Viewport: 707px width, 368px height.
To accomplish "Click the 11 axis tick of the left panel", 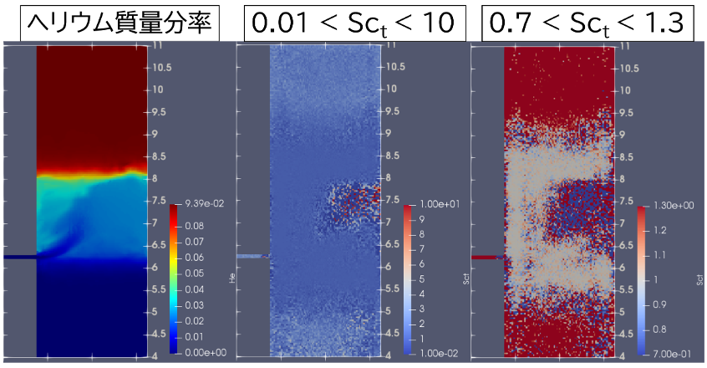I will click(x=156, y=47).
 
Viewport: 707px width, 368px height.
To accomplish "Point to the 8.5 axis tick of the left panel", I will click(x=158, y=156).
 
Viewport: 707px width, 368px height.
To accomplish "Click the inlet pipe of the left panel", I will click(x=18, y=258).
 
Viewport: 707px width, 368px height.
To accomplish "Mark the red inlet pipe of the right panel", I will click(x=486, y=258).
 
